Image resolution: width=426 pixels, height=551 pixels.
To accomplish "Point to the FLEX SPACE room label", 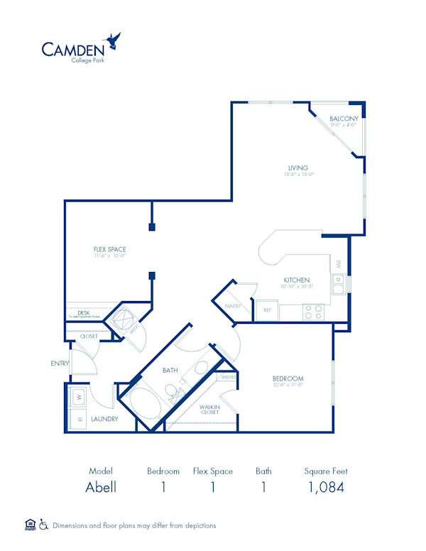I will pos(109,249).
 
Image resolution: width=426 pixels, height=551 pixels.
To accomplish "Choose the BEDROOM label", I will pos(288,378).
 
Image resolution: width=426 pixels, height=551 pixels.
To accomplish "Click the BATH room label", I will pos(170,370).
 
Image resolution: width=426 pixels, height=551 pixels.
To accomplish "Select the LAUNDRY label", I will pos(104,419).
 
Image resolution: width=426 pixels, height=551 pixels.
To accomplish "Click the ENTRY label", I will pos(60,364).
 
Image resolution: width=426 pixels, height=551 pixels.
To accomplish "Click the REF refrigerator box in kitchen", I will pos(268,310).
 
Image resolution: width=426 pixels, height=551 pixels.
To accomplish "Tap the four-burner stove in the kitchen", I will pos(313,311).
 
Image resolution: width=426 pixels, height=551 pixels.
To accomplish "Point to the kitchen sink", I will pos(339,284).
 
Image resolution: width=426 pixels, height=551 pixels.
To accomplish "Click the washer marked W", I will pos(78,397).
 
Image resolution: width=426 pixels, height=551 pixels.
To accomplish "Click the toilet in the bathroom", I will pos(173,391).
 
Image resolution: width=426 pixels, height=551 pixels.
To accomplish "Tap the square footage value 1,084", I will pos(325,487).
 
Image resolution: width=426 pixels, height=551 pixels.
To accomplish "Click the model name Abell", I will pos(100,487).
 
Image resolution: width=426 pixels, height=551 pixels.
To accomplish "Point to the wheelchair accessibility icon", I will pos(43,525).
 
